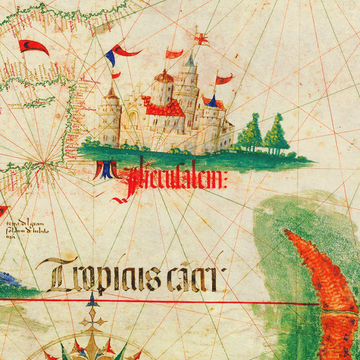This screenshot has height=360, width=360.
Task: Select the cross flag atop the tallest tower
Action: pyautogui.click(x=201, y=40)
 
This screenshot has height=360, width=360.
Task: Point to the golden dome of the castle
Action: pyautogui.click(x=164, y=76)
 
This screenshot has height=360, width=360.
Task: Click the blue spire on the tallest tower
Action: pyautogui.click(x=190, y=60)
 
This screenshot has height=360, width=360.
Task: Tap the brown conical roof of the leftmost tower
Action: pyautogui.click(x=111, y=93)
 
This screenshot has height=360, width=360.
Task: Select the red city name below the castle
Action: pyautogui.click(x=174, y=180)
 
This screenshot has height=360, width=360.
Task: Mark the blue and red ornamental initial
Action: pyautogui.click(x=104, y=170)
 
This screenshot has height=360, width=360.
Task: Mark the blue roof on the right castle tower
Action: pyautogui.click(x=211, y=100)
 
